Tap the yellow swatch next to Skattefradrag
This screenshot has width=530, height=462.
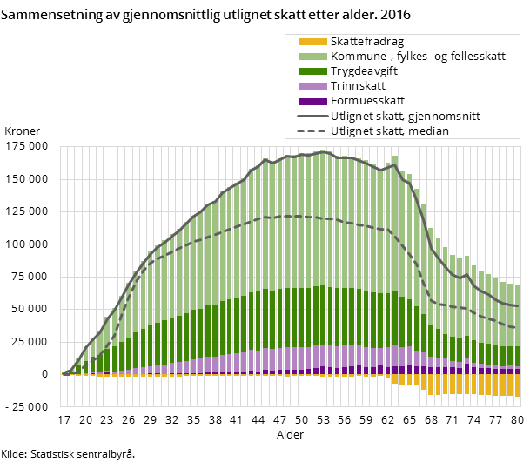(x=312, y=42)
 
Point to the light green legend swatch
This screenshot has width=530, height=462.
(x=312, y=57)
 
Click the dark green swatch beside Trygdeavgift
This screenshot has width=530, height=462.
(x=312, y=71)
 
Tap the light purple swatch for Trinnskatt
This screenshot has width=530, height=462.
(x=312, y=86)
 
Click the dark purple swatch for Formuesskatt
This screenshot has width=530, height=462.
(x=312, y=101)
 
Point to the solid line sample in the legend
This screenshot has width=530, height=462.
(x=312, y=116)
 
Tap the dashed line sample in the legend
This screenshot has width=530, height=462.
(x=312, y=131)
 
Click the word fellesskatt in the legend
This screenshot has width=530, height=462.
(x=476, y=57)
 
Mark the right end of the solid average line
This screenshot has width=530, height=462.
(x=518, y=306)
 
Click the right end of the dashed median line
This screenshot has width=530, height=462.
(x=518, y=328)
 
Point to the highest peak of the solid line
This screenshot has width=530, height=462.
(x=323, y=152)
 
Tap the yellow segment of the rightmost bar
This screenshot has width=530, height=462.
(x=517, y=385)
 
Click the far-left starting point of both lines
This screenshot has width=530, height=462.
(x=64, y=374)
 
